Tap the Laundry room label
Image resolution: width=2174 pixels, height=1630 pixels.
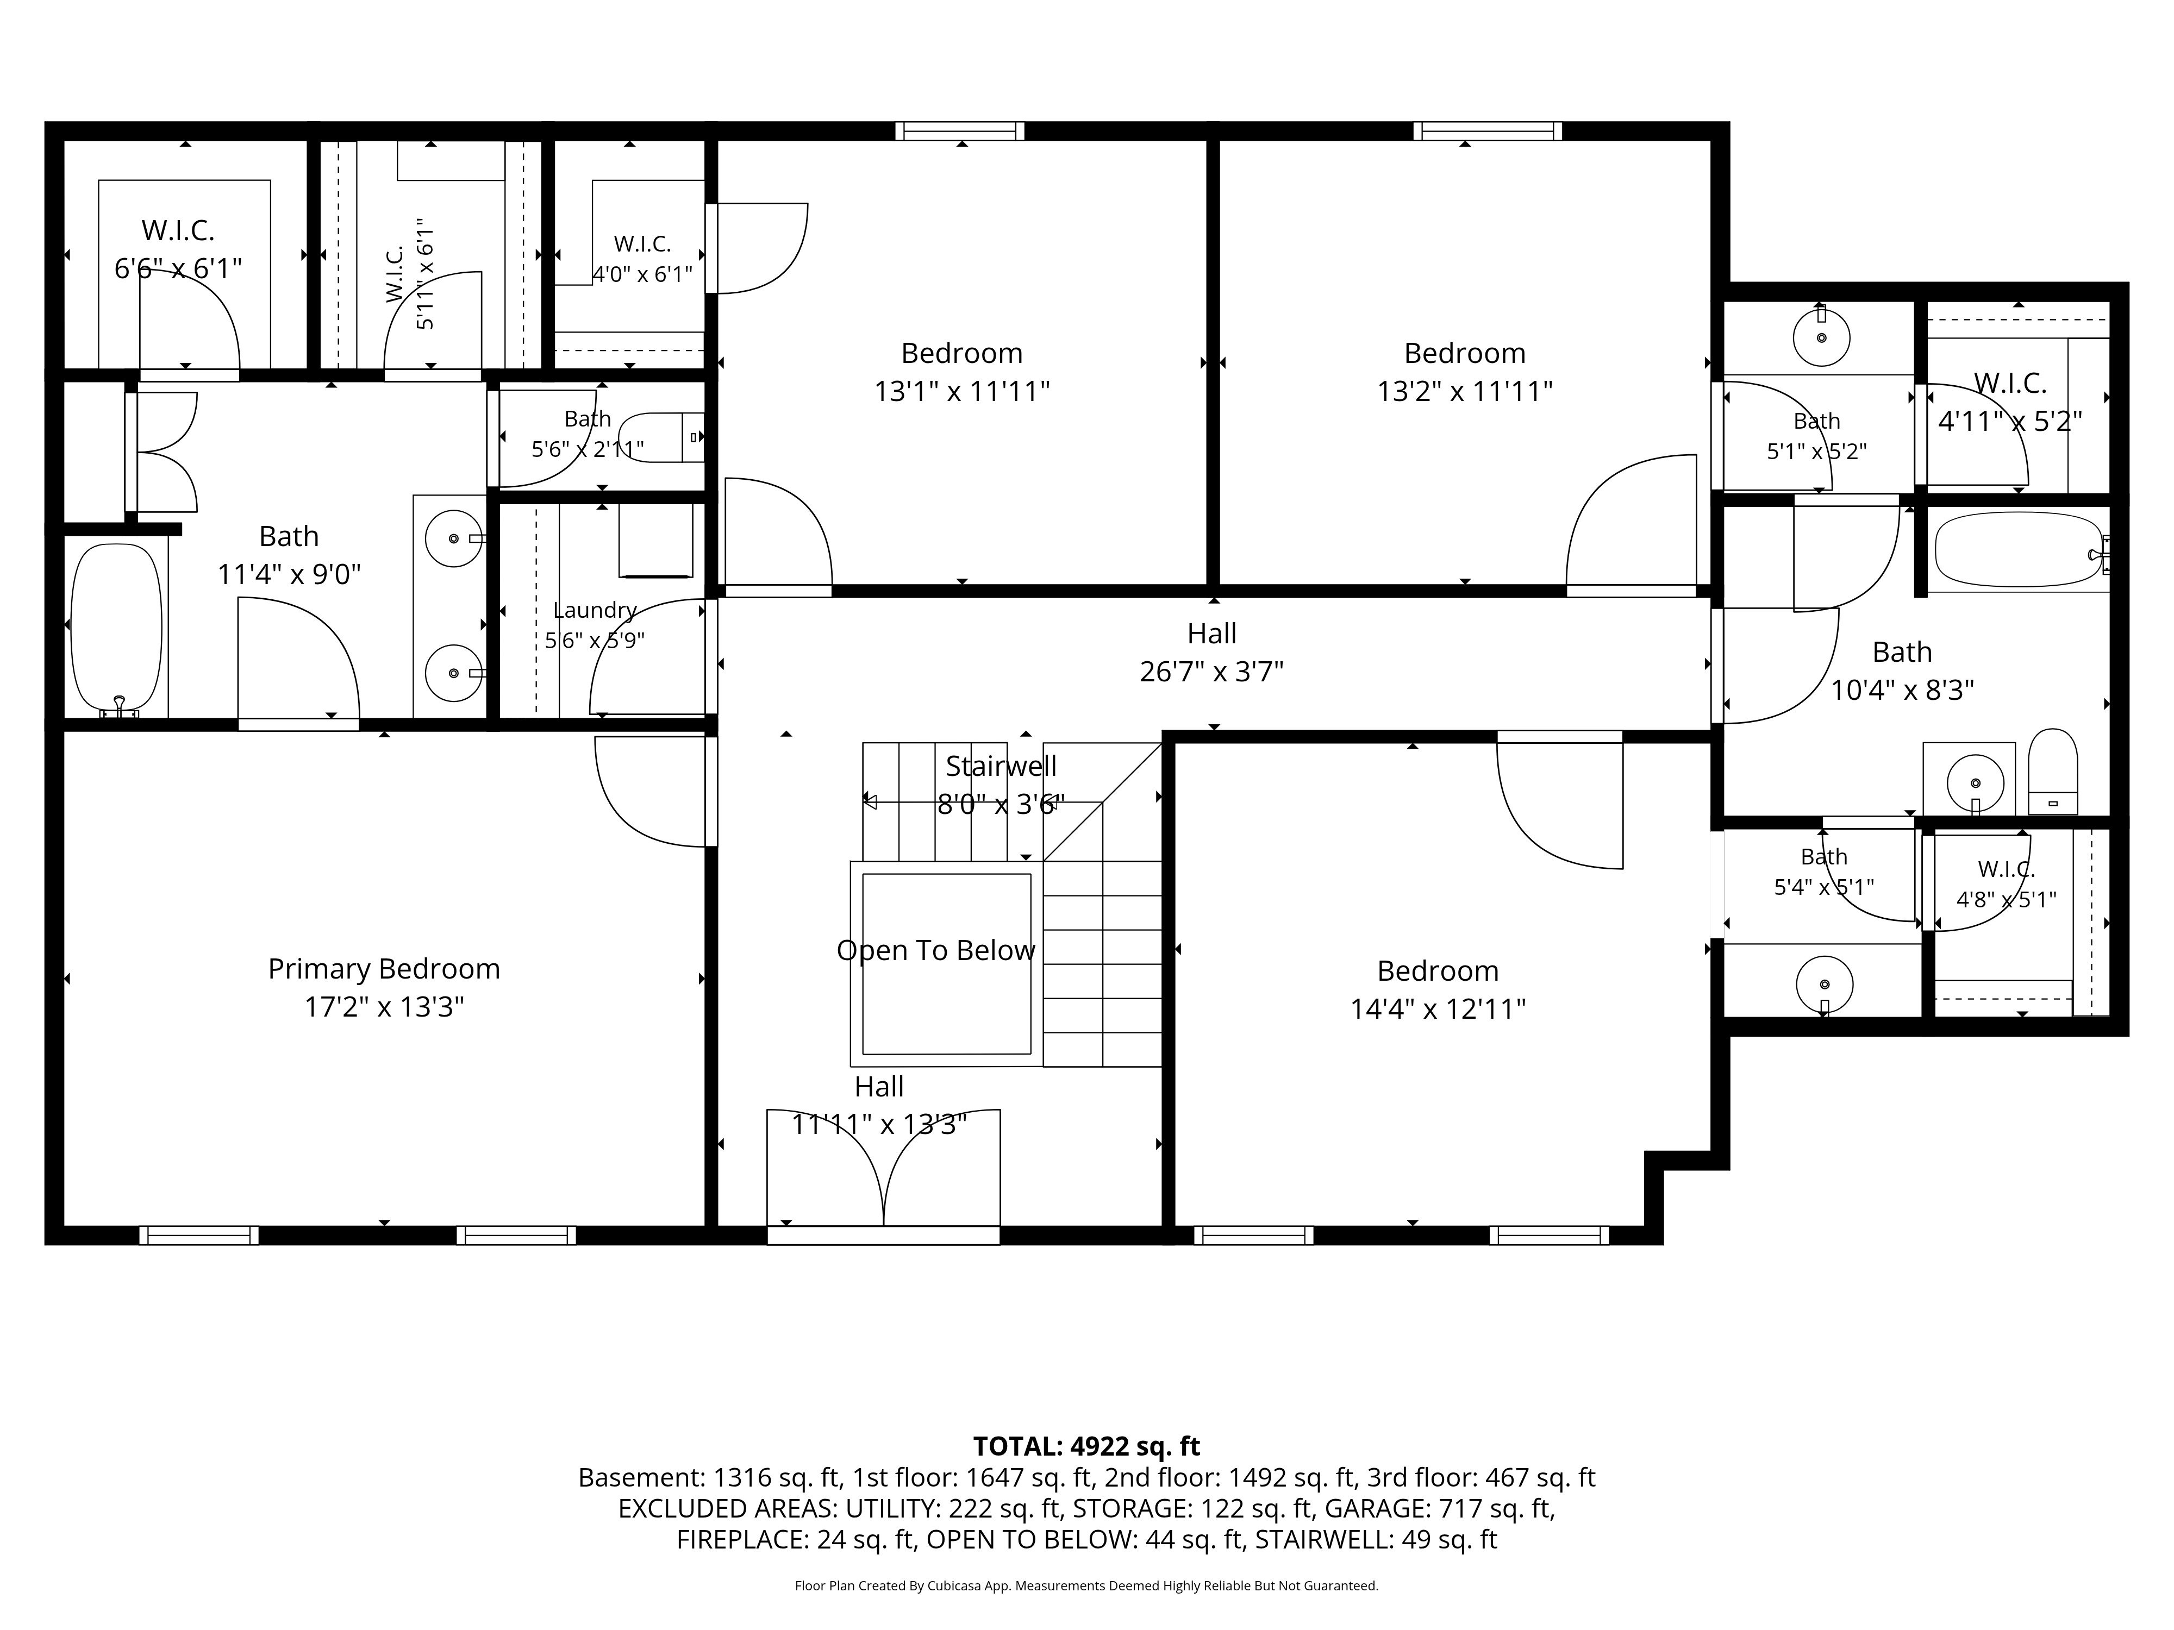(595, 610)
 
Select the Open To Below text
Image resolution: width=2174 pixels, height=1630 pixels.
(936, 950)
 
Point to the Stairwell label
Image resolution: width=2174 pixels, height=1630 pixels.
(1002, 766)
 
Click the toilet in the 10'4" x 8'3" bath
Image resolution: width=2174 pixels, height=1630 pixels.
(2053, 772)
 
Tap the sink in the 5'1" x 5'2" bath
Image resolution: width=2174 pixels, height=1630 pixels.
(1821, 337)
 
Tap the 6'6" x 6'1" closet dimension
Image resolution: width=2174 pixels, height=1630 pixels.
(178, 268)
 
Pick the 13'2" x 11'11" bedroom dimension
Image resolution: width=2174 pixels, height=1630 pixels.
(1464, 391)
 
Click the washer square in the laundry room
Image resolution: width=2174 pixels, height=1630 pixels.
(655, 541)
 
